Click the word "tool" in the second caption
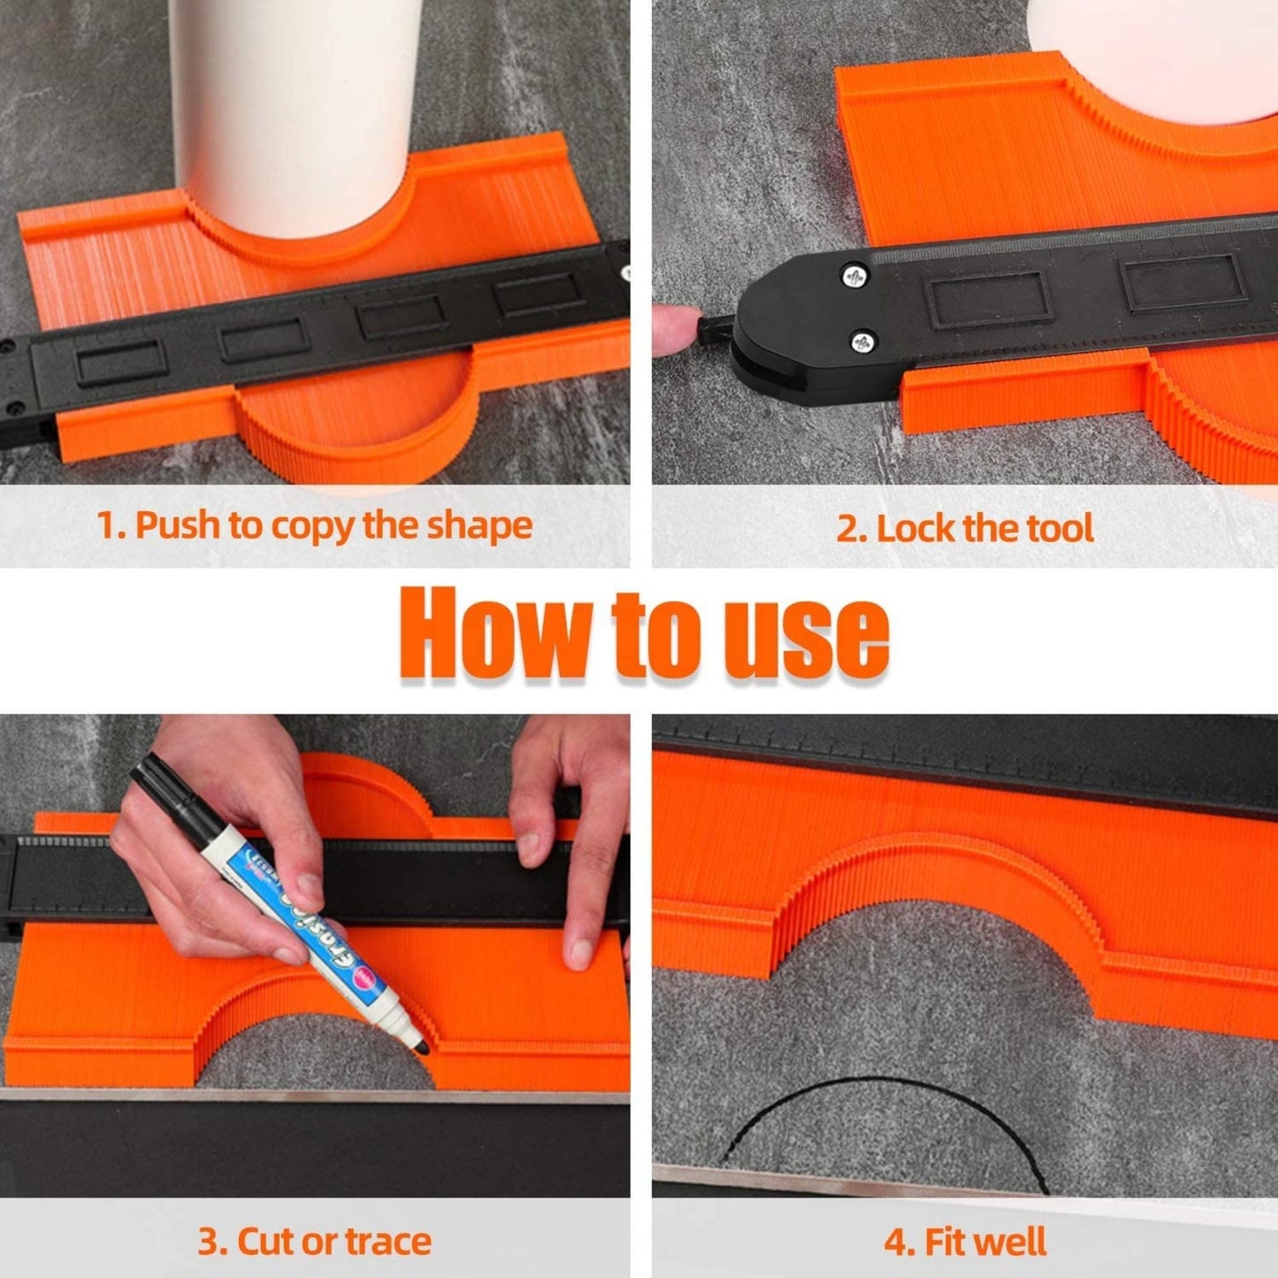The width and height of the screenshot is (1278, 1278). point(1060,529)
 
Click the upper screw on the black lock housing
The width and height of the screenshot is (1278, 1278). point(854,276)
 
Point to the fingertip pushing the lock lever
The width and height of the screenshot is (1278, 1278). point(672,329)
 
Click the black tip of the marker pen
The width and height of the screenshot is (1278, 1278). point(420,1045)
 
